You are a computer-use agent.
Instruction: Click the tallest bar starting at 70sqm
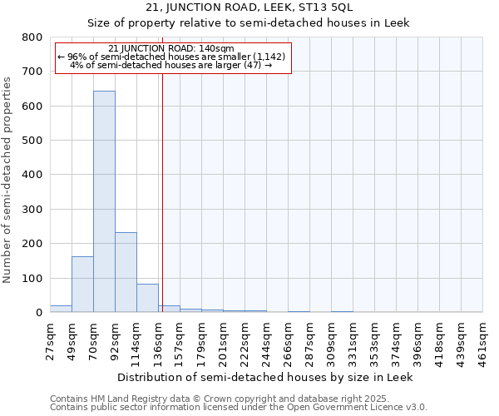pyautogui.click(x=104, y=201)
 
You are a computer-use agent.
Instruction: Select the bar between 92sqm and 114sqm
pyautogui.click(x=126, y=272)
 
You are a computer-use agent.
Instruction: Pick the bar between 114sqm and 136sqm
pyautogui.click(x=147, y=298)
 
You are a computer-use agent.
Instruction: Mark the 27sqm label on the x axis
pyautogui.click(x=50, y=339)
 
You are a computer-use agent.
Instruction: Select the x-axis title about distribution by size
pyautogui.click(x=265, y=377)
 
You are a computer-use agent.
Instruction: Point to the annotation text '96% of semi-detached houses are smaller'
pyautogui.click(x=172, y=57)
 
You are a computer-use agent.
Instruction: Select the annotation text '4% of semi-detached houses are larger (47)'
pyautogui.click(x=170, y=65)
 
